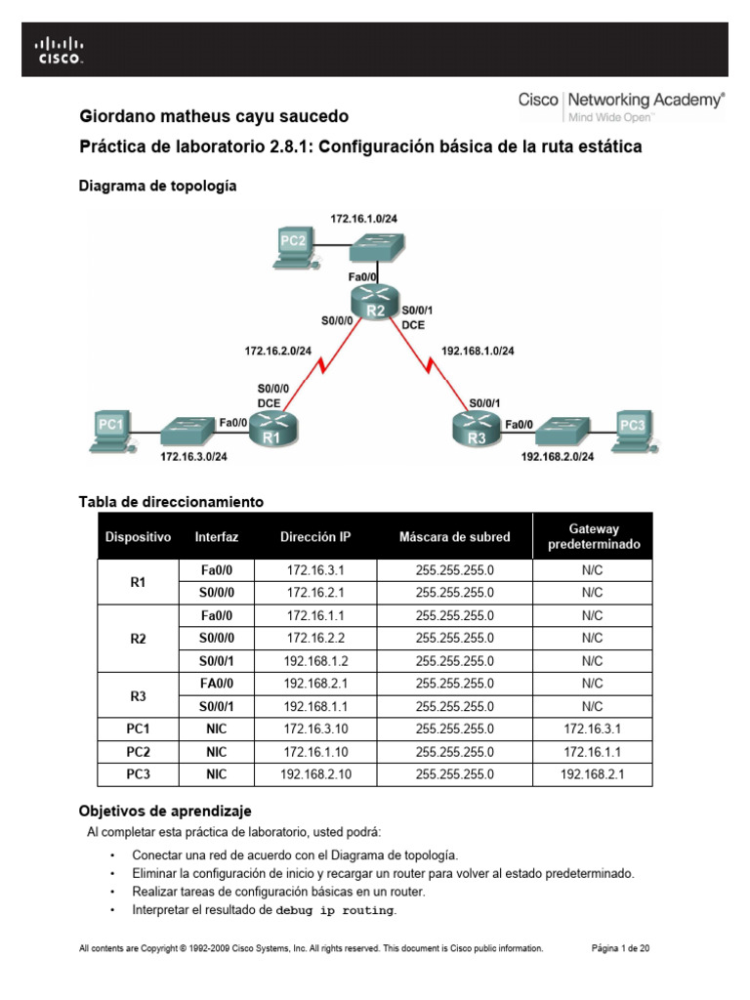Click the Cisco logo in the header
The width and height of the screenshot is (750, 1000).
pyautogui.click(x=61, y=50)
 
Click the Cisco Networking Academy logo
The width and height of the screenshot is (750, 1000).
pyautogui.click(x=620, y=105)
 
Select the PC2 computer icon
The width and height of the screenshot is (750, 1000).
pyautogui.click(x=294, y=248)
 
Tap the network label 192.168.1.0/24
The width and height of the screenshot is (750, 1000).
pyautogui.click(x=479, y=350)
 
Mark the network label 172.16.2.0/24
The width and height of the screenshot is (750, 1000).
pyautogui.click(x=278, y=350)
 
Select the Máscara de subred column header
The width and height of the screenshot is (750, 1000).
pyautogui.click(x=454, y=536)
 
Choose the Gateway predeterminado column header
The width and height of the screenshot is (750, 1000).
pyautogui.click(x=593, y=536)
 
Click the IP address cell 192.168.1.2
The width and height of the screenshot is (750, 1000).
pyautogui.click(x=314, y=661)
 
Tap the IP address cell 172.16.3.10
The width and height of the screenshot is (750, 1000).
pyautogui.click(x=314, y=728)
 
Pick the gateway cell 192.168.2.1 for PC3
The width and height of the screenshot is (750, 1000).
pyautogui.click(x=593, y=774)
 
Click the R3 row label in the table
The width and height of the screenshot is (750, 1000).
pyautogui.click(x=138, y=694)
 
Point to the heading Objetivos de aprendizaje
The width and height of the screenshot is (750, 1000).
pyautogui.click(x=165, y=811)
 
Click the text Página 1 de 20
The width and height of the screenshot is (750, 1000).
pyautogui.click(x=622, y=947)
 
